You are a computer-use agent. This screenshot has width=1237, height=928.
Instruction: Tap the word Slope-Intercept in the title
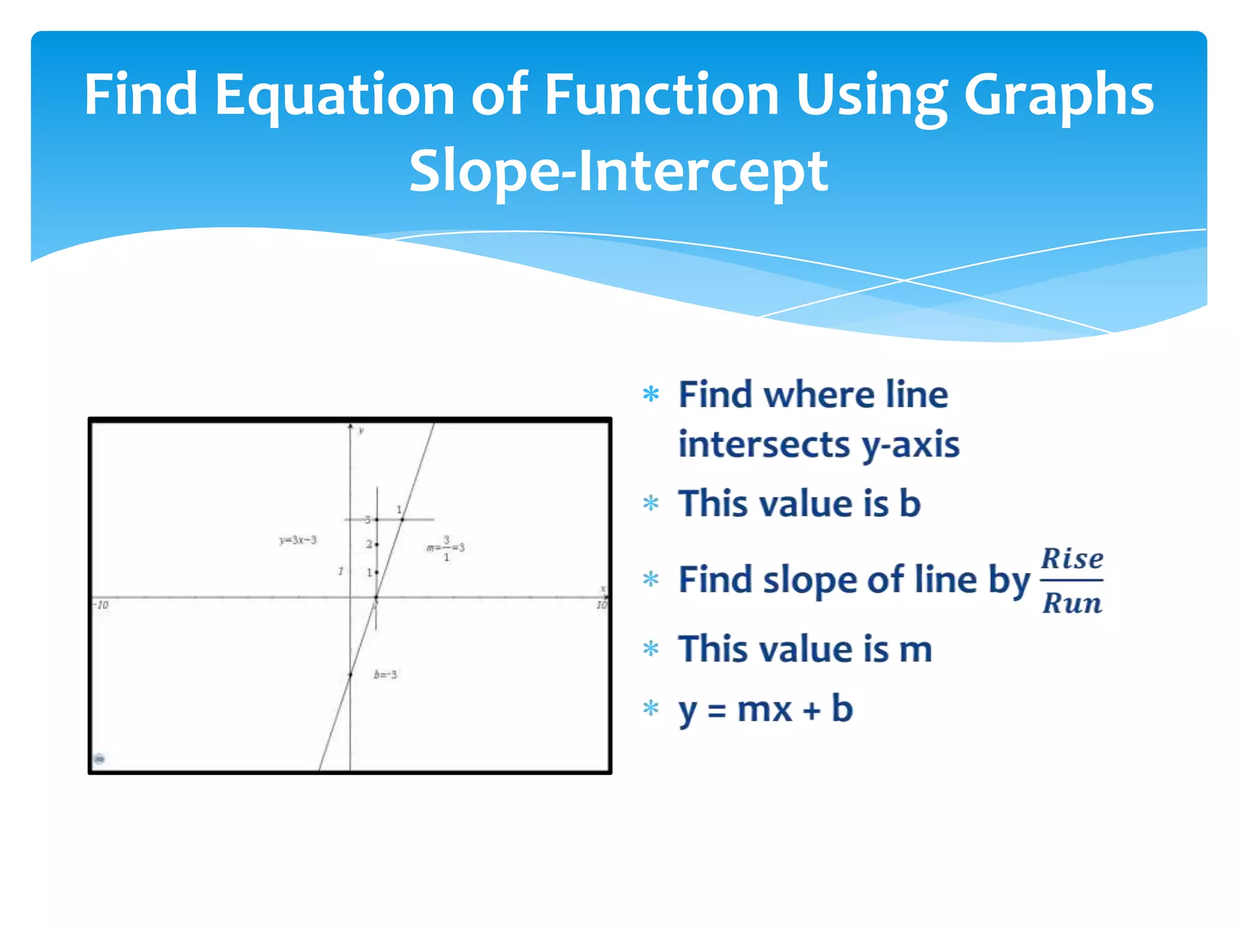[x=618, y=172]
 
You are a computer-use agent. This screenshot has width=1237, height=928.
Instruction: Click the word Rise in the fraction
[x=1072, y=558]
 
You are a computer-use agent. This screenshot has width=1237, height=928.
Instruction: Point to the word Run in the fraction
[x=1072, y=603]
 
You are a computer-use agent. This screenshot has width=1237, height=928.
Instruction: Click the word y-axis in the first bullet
[x=910, y=446]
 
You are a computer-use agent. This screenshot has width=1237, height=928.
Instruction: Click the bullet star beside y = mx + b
[x=651, y=707]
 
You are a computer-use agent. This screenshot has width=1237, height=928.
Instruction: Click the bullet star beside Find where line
[x=651, y=395]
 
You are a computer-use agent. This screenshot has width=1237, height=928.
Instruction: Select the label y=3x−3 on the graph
[x=298, y=540]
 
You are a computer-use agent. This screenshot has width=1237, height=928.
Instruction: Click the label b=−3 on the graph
[x=385, y=674]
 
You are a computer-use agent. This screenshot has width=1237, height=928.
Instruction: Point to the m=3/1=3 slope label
[x=446, y=547]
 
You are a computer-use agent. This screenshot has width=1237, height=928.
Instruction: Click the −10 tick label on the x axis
[x=101, y=605]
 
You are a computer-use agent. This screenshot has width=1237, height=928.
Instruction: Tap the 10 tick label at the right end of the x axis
[x=602, y=605]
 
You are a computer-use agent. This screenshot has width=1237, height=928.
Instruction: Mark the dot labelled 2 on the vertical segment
[x=377, y=544]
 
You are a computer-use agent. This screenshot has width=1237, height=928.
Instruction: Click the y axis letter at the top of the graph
[x=361, y=430]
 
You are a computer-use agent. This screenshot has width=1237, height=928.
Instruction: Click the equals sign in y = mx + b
[x=716, y=710]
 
